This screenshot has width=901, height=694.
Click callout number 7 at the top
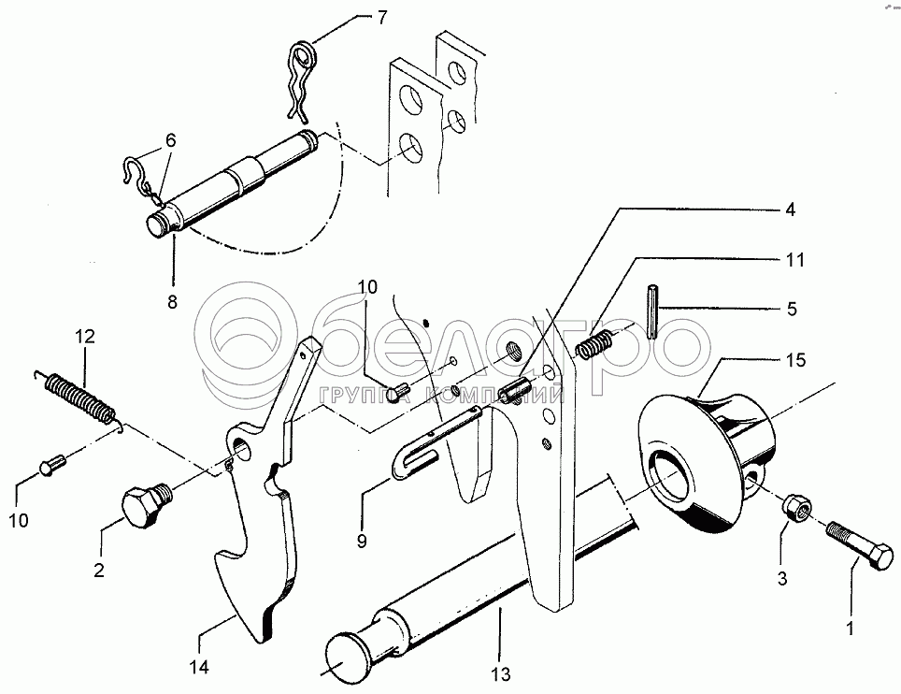point(356,17)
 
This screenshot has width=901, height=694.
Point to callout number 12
point(85,337)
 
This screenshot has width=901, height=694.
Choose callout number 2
point(97,568)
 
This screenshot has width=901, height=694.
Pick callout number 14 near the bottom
point(199,667)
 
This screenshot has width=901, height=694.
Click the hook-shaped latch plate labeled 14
point(257,524)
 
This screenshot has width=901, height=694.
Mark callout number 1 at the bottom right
point(851,629)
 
